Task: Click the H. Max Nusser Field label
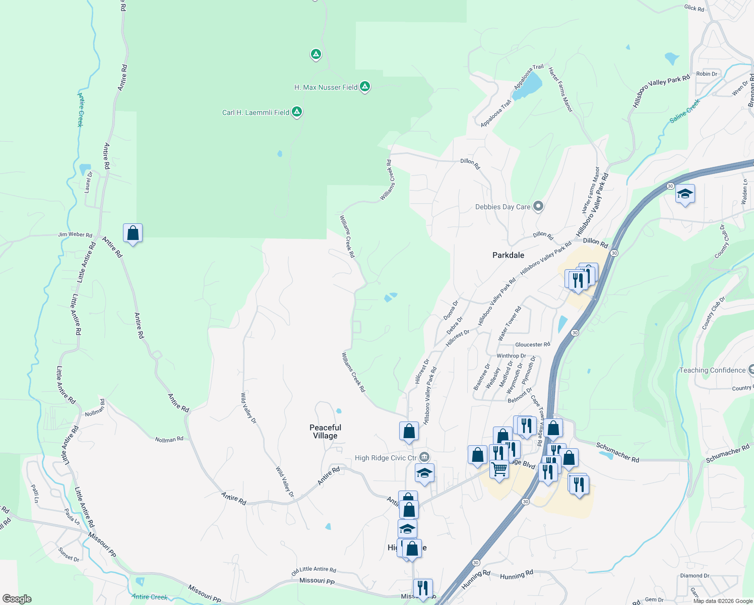click(x=326, y=87)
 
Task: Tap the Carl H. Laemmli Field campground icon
click(x=297, y=112)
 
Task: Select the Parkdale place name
click(x=508, y=255)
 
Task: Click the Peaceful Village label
click(x=325, y=432)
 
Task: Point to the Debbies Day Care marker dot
click(x=538, y=206)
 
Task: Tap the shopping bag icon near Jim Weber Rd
click(x=133, y=233)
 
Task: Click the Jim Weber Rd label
click(x=75, y=234)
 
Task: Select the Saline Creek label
click(x=685, y=111)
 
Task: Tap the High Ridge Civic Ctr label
click(x=386, y=458)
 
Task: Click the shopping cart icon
click(x=499, y=469)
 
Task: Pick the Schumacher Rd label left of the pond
click(x=617, y=452)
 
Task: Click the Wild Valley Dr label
click(x=248, y=407)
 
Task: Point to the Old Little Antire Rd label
click(x=313, y=570)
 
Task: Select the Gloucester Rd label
click(x=532, y=344)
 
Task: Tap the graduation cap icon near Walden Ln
click(x=685, y=194)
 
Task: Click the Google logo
click(x=17, y=599)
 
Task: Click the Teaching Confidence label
click(x=712, y=370)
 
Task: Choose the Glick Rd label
click(x=694, y=8)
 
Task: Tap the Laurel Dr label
click(x=88, y=182)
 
